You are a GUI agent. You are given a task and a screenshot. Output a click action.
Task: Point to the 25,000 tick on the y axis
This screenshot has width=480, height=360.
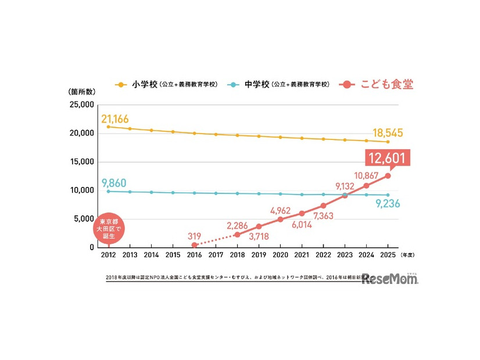click(x=81, y=105)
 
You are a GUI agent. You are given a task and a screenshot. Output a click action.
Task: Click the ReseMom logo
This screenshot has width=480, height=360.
click(x=389, y=279)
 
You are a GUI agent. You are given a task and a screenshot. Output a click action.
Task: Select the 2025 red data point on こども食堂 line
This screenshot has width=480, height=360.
click(x=388, y=175)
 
